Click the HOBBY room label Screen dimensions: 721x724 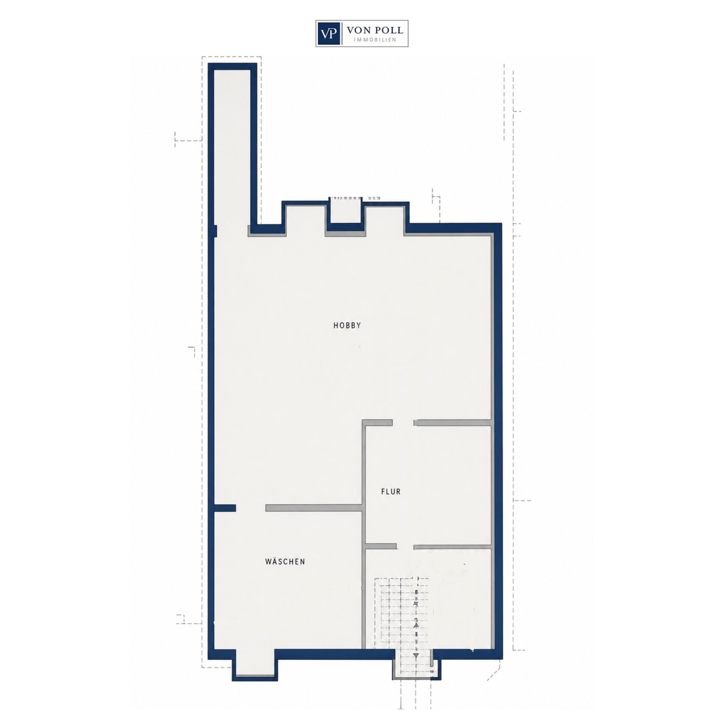click(x=347, y=326)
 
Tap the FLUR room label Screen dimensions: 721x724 click(x=391, y=492)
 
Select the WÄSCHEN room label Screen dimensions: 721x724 click(x=285, y=562)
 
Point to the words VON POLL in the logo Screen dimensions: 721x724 click(x=375, y=30)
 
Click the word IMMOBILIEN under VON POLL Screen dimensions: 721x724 click(x=375, y=40)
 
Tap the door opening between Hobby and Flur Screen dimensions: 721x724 click(x=403, y=423)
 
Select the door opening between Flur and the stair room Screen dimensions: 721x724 click(x=405, y=546)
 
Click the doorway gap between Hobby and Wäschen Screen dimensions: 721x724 click(x=251, y=508)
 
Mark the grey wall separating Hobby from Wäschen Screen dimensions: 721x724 click(x=314, y=508)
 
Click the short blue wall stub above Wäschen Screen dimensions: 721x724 click(x=225, y=508)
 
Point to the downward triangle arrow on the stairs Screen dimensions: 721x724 click(x=416, y=655)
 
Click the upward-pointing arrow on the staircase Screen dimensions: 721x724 click(x=415, y=624)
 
